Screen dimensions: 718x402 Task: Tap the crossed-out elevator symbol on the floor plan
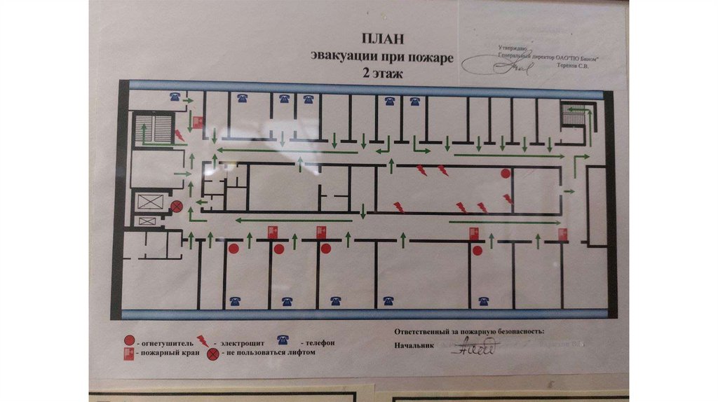(x=177, y=206)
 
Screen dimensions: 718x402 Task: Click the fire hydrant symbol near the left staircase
(x=198, y=122)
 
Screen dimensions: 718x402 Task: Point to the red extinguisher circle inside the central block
(x=505, y=173)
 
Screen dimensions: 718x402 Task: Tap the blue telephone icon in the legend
(x=283, y=340)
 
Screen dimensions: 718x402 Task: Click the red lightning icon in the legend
(x=202, y=340)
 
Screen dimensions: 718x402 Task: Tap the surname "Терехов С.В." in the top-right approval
(x=572, y=67)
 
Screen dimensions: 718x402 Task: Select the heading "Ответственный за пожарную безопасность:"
(x=469, y=331)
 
